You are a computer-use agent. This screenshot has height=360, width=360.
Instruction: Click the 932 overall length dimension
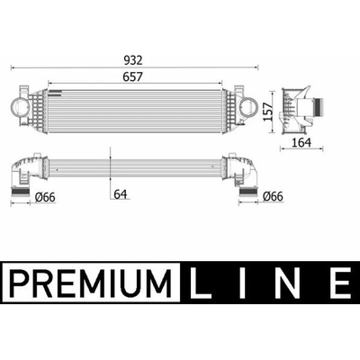(133, 60)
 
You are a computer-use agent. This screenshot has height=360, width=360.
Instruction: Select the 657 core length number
(132, 77)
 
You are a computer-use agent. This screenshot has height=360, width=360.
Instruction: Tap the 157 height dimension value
(268, 112)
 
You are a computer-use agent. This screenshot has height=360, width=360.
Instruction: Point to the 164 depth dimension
(301, 142)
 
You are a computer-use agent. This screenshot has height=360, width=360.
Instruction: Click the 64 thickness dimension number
(121, 194)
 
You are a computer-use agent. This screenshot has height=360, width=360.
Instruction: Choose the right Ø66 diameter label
(273, 196)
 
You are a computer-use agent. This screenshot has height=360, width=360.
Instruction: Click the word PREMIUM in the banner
(90, 283)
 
